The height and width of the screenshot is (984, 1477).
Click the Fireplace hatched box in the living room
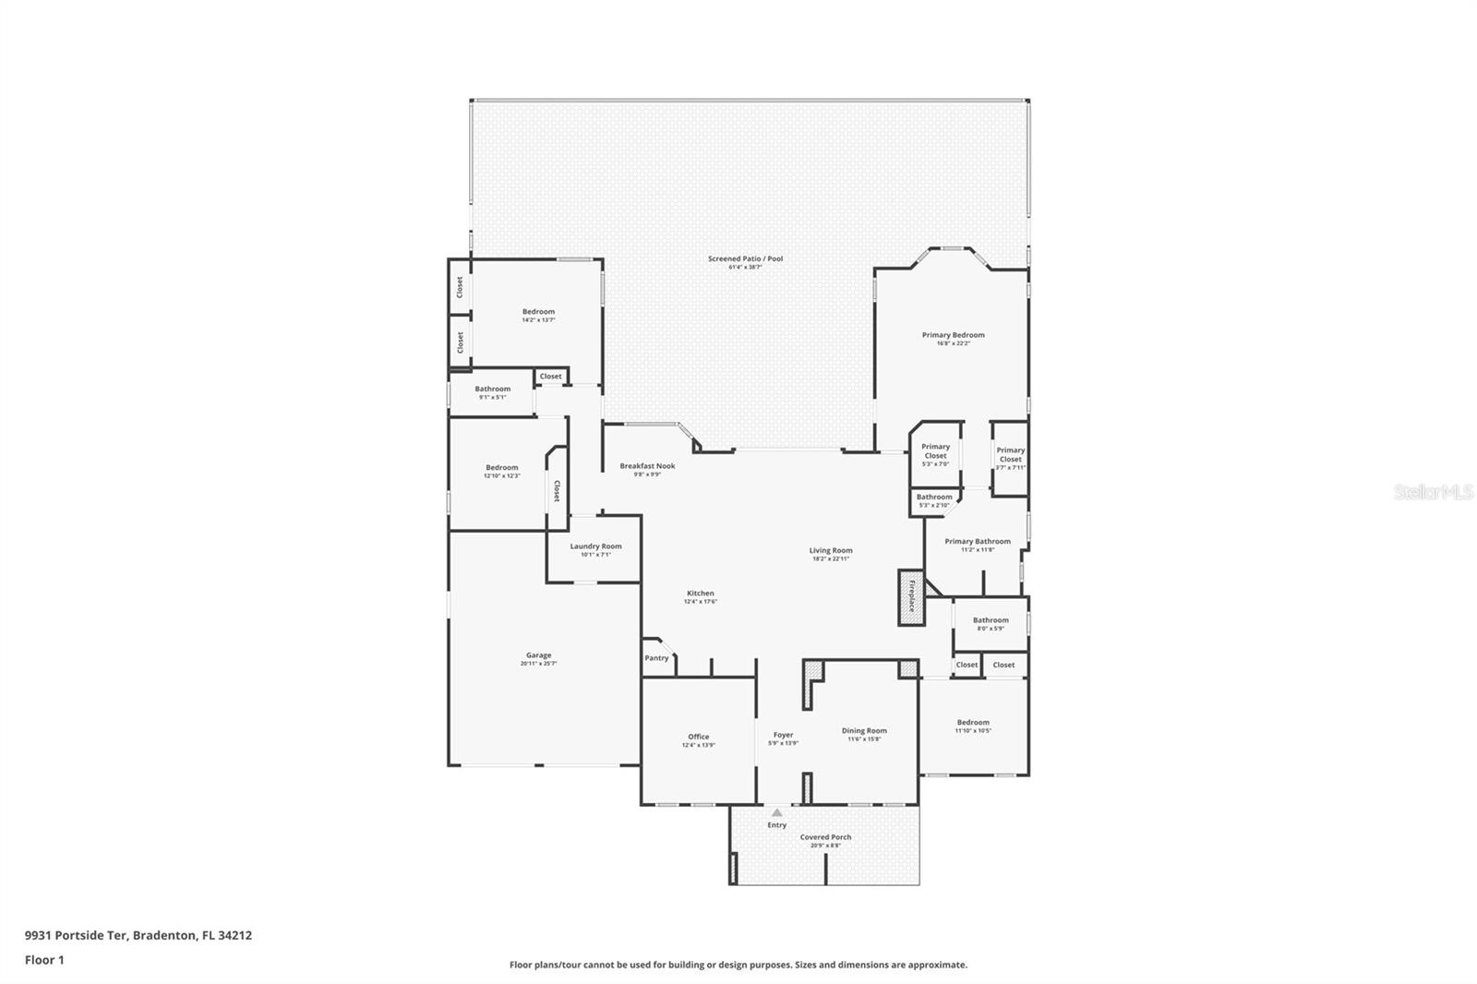coord(911,597)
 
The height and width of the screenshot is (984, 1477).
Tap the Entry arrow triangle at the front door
coord(777,813)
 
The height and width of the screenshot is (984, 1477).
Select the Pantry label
coord(656,658)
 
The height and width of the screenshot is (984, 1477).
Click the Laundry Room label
coord(595,546)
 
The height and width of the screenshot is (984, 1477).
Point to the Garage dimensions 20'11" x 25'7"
coord(538,664)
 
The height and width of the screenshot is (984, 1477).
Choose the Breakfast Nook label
coord(647,466)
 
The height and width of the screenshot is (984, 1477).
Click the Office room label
coord(698,737)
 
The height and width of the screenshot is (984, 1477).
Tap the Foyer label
coord(783,735)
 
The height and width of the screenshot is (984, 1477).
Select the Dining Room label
coord(864,731)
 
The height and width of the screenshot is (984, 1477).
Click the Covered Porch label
coord(825,837)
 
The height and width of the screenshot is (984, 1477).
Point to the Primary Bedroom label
coord(953,335)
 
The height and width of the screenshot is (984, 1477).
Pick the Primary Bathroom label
coord(977,542)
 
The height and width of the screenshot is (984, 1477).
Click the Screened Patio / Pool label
coord(745,258)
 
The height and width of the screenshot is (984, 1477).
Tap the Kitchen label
coord(700,594)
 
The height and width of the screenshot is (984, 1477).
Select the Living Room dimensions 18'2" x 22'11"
coord(831,558)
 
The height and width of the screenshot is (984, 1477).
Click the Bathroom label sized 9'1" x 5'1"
coord(492,390)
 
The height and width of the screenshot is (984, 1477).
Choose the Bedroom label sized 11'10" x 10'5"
coord(973,723)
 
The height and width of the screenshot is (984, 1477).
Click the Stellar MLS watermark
coord(1433,493)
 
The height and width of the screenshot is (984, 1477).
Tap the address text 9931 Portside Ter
coord(76,935)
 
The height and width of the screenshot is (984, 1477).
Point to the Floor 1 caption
coord(44,960)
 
